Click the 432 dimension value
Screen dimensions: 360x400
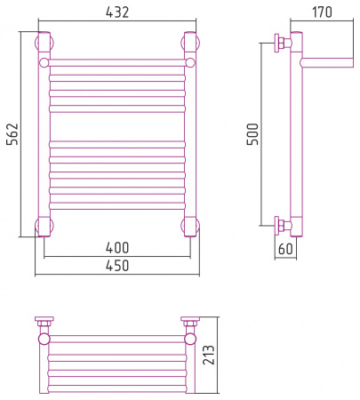[117, 12]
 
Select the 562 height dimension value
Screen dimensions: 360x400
[12, 134]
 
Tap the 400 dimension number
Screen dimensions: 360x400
[117, 248]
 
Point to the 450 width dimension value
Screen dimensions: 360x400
[117, 266]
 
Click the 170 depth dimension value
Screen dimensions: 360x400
[322, 12]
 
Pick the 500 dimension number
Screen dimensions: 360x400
[252, 134]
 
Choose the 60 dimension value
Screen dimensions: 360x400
[285, 249]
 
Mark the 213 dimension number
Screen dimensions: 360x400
[209, 355]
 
